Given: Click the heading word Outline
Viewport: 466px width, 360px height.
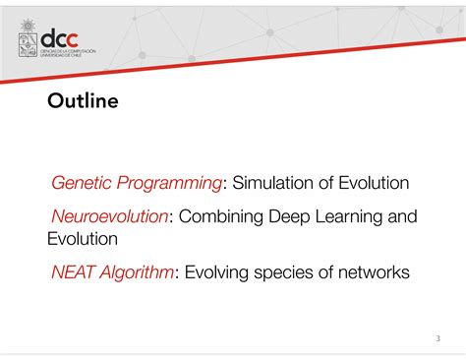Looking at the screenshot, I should [x=83, y=101].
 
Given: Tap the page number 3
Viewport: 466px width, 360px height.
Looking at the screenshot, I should [x=437, y=338].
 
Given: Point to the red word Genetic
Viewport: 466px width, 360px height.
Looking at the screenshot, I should [x=82, y=183].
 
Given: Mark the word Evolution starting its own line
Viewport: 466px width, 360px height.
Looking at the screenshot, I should [x=83, y=239].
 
